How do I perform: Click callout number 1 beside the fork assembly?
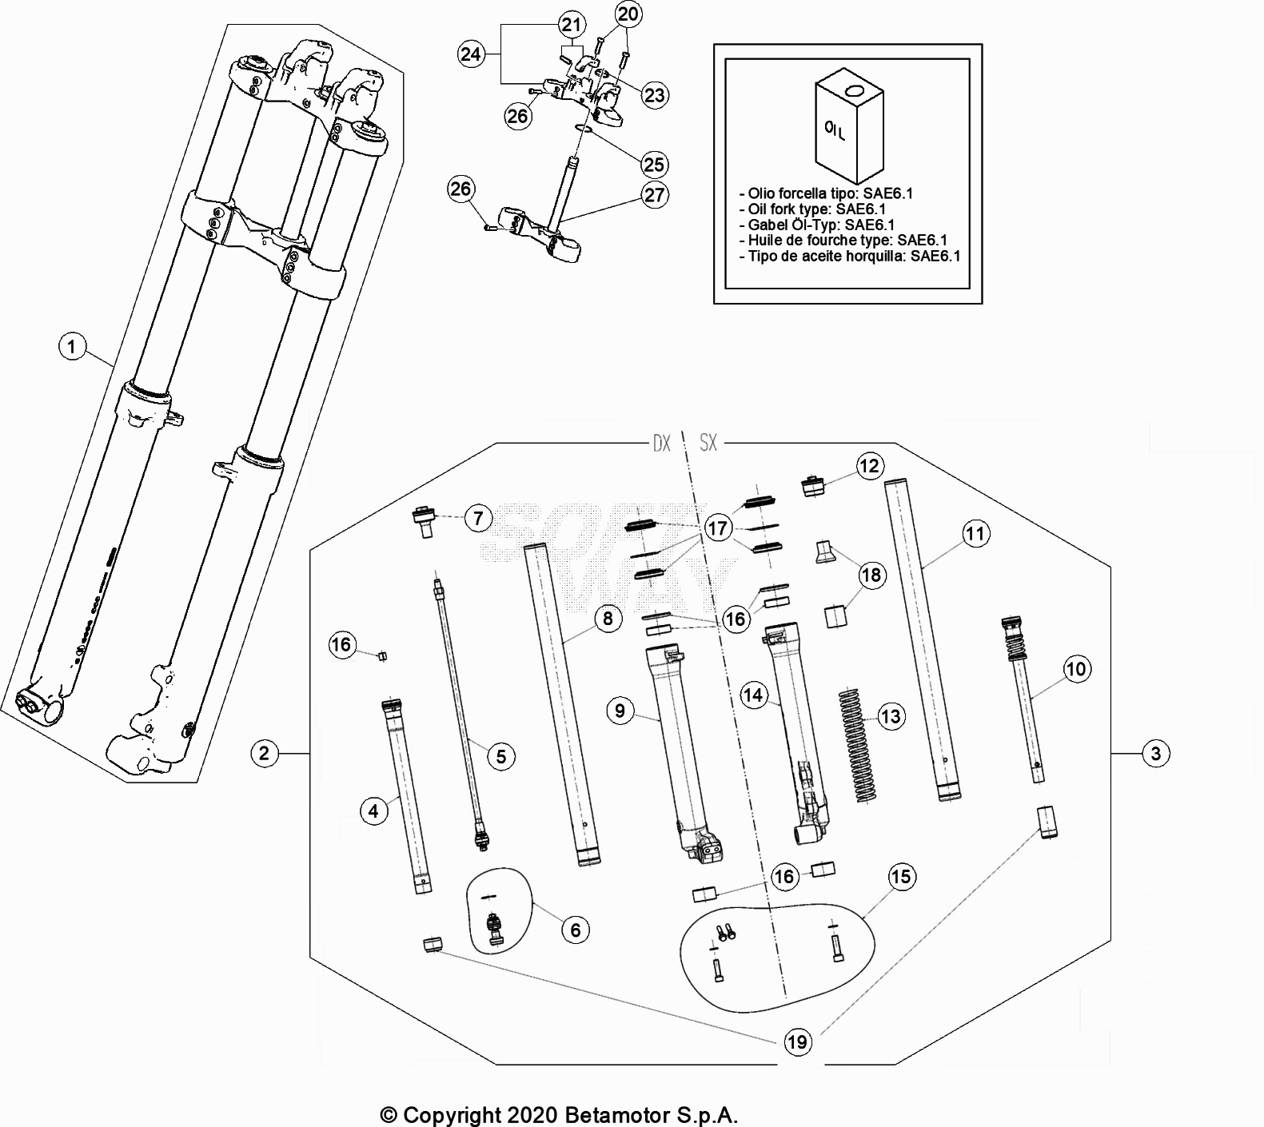click(72, 347)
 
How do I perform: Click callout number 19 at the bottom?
click(797, 1041)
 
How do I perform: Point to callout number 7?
click(478, 519)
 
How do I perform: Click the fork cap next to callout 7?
click(422, 521)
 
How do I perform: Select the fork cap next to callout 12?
click(814, 485)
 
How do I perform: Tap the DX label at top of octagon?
click(661, 443)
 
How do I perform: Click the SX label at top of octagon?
click(708, 443)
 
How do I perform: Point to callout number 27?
click(655, 195)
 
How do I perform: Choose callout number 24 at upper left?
click(472, 54)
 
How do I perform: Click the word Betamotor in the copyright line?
click(624, 1115)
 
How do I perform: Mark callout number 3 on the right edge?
click(1155, 753)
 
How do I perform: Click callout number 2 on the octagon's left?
click(264, 753)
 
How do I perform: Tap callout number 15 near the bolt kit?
click(900, 877)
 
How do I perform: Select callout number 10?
click(1076, 668)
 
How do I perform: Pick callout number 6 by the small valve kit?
click(575, 929)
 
